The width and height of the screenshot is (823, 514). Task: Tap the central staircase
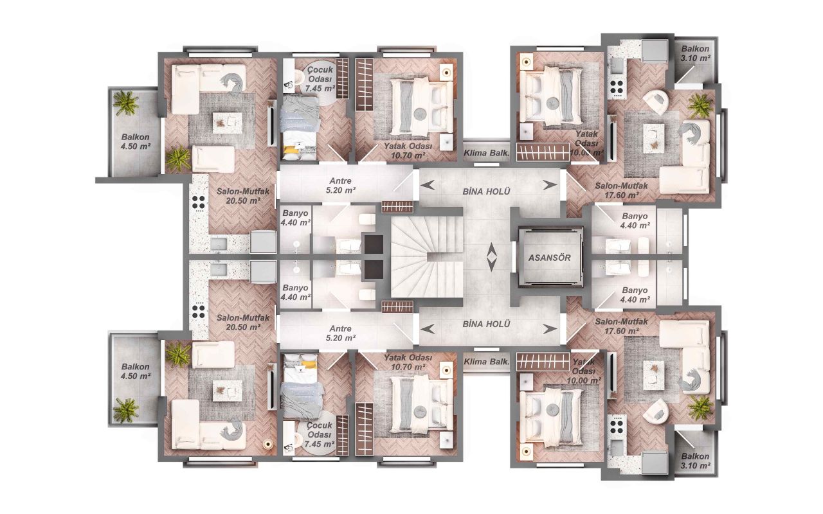[x=427, y=257]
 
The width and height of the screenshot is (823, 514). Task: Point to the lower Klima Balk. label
[x=486, y=362]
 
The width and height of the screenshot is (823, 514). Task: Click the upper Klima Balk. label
[x=486, y=153]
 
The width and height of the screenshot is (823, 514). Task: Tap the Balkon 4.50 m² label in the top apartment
[x=136, y=141]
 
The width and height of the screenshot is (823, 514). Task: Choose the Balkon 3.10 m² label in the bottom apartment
[x=696, y=460]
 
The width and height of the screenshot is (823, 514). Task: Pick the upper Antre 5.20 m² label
[x=341, y=185]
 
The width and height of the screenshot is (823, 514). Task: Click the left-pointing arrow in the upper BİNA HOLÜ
[x=428, y=185]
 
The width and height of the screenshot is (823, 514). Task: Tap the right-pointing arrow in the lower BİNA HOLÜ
[x=548, y=329]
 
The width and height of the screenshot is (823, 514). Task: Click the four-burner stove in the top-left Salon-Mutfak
[x=199, y=203]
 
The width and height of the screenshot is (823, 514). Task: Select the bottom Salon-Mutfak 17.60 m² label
[x=617, y=326]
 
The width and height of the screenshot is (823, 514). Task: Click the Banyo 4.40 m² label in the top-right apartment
[x=634, y=220]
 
